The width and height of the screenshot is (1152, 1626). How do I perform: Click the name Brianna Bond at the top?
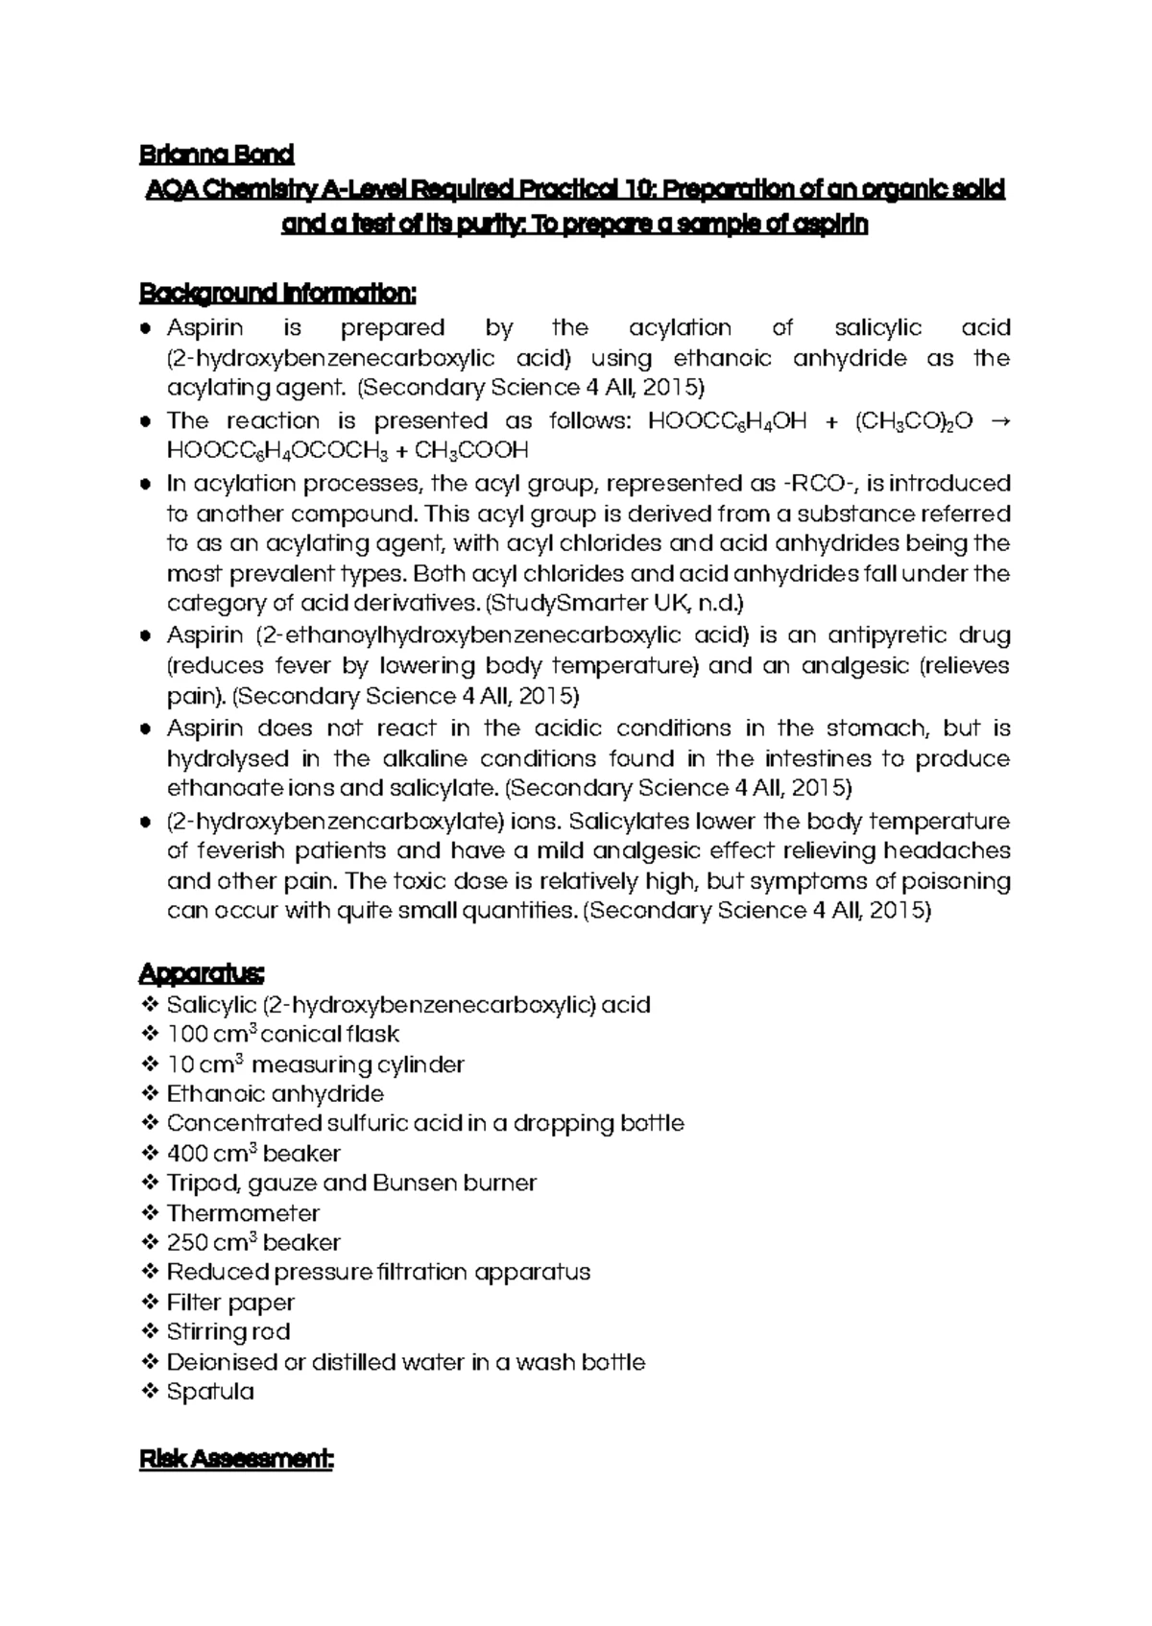(216, 154)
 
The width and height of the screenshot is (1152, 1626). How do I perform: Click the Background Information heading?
(278, 292)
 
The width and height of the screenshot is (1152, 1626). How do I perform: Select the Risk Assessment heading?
(236, 1460)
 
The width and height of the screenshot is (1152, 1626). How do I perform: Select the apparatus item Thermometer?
(243, 1212)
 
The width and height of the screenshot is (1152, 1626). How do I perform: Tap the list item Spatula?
(210, 1391)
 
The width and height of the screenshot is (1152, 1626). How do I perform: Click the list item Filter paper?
(230, 1302)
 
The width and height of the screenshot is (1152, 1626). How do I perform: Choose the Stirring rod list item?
(228, 1331)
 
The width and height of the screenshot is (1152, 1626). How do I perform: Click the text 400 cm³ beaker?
(253, 1153)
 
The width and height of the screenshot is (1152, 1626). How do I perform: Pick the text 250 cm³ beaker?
(253, 1242)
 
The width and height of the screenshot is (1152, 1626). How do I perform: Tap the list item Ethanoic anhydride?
(275, 1093)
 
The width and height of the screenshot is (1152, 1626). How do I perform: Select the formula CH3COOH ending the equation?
(471, 450)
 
